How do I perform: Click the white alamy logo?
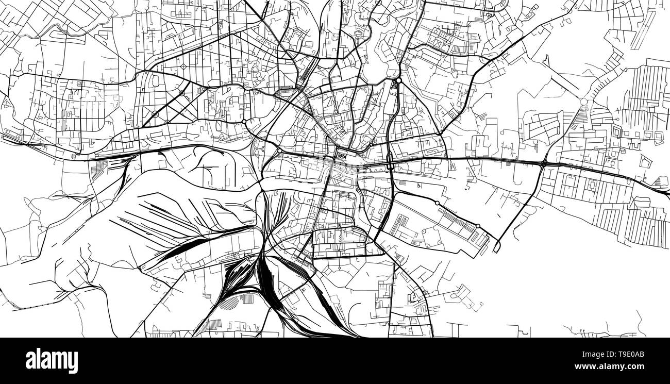[x=52, y=361]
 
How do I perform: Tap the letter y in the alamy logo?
[x=73, y=362]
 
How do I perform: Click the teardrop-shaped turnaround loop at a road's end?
[x=496, y=247]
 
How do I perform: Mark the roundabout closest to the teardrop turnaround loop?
[x=478, y=226]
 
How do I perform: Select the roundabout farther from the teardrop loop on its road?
[x=437, y=204]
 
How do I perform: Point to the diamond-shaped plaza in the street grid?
[x=184, y=66]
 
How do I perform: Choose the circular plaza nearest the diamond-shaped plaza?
[x=182, y=93]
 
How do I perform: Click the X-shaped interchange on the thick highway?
[x=544, y=163]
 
